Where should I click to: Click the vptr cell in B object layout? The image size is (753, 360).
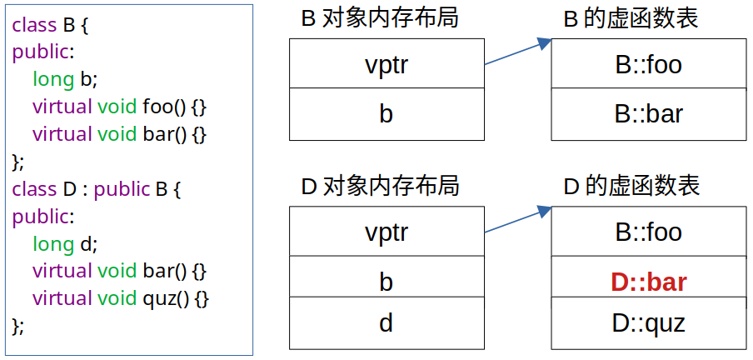pyautogui.click(x=386, y=64)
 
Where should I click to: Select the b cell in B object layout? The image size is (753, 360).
pyautogui.click(x=386, y=114)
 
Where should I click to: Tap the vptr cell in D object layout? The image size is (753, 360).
pyautogui.click(x=386, y=232)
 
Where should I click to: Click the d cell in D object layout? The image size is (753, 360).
pyautogui.click(x=386, y=323)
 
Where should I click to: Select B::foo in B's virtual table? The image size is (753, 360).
pyautogui.click(x=649, y=64)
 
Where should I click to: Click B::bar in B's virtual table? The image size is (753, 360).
pyautogui.click(x=649, y=114)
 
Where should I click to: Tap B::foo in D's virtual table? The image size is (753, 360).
pyautogui.click(x=649, y=232)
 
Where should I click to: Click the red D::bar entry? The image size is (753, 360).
pyautogui.click(x=649, y=282)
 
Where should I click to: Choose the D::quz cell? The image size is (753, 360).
pyautogui.click(x=649, y=323)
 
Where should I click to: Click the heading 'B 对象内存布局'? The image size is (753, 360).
pyautogui.click(x=379, y=17)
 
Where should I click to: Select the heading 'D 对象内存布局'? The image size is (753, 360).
pyautogui.click(x=380, y=185)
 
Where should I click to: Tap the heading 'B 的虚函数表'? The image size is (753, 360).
pyautogui.click(x=631, y=17)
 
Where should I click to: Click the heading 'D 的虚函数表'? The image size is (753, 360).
pyautogui.click(x=631, y=185)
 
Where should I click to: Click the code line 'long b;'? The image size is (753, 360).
pyautogui.click(x=65, y=79)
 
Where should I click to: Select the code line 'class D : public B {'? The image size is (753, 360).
pyautogui.click(x=96, y=188)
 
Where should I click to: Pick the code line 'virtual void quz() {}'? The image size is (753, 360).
pyautogui.click(x=120, y=297)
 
